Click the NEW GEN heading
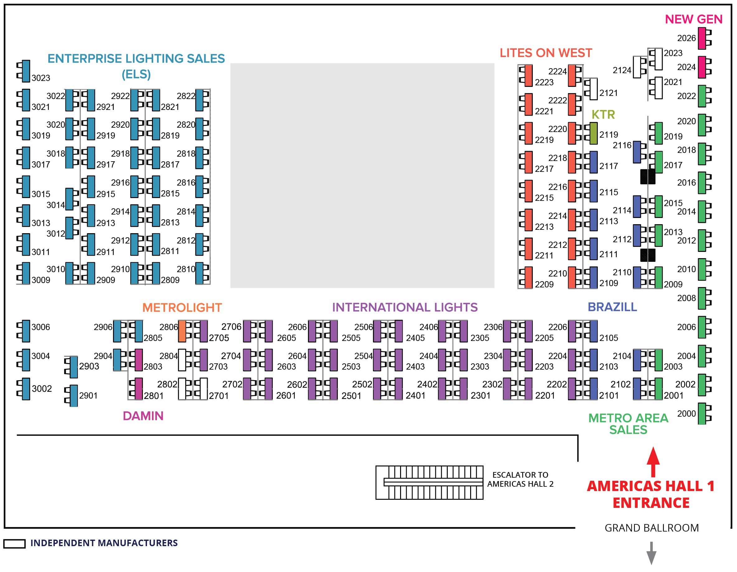point(693,19)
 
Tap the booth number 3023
point(41,78)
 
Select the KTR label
point(603,115)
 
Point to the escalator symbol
point(429,482)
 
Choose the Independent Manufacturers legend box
point(14,544)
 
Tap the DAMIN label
point(143,416)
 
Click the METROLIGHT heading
point(182,307)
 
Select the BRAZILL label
point(612,307)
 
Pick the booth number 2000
point(686,414)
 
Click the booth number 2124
point(621,70)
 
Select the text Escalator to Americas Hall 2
point(520,479)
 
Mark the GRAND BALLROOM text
point(651,528)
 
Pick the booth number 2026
point(686,38)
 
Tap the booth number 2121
point(608,93)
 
